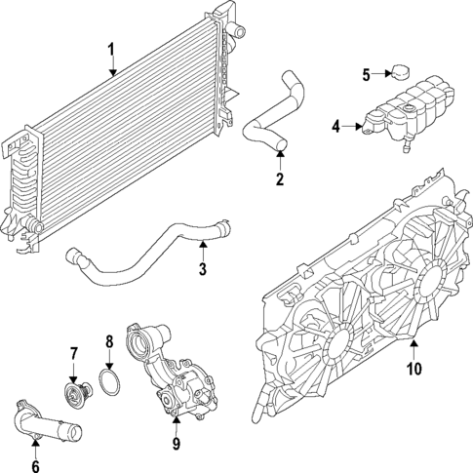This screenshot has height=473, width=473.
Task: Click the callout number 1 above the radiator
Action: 111,49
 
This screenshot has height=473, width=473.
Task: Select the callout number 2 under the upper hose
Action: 279,178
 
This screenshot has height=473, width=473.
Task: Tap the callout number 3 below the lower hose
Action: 202,269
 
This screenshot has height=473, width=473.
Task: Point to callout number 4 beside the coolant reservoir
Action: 335,126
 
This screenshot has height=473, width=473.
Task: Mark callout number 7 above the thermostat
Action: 72,352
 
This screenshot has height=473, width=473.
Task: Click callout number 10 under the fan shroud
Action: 413,369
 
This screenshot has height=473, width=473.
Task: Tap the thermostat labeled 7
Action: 72,393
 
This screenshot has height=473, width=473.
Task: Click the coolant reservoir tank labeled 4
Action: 410,112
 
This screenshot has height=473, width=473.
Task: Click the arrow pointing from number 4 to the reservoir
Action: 352,126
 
